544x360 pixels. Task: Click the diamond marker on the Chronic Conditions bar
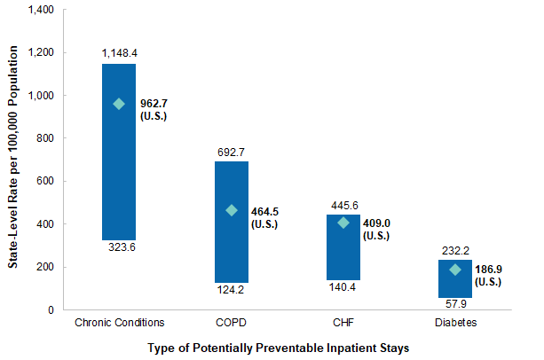coord(119,104)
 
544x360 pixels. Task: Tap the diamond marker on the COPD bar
coord(232,210)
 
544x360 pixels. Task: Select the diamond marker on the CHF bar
coord(343,223)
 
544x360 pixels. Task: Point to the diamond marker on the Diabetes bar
coord(456,270)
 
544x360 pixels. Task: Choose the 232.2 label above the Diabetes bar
coord(456,249)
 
